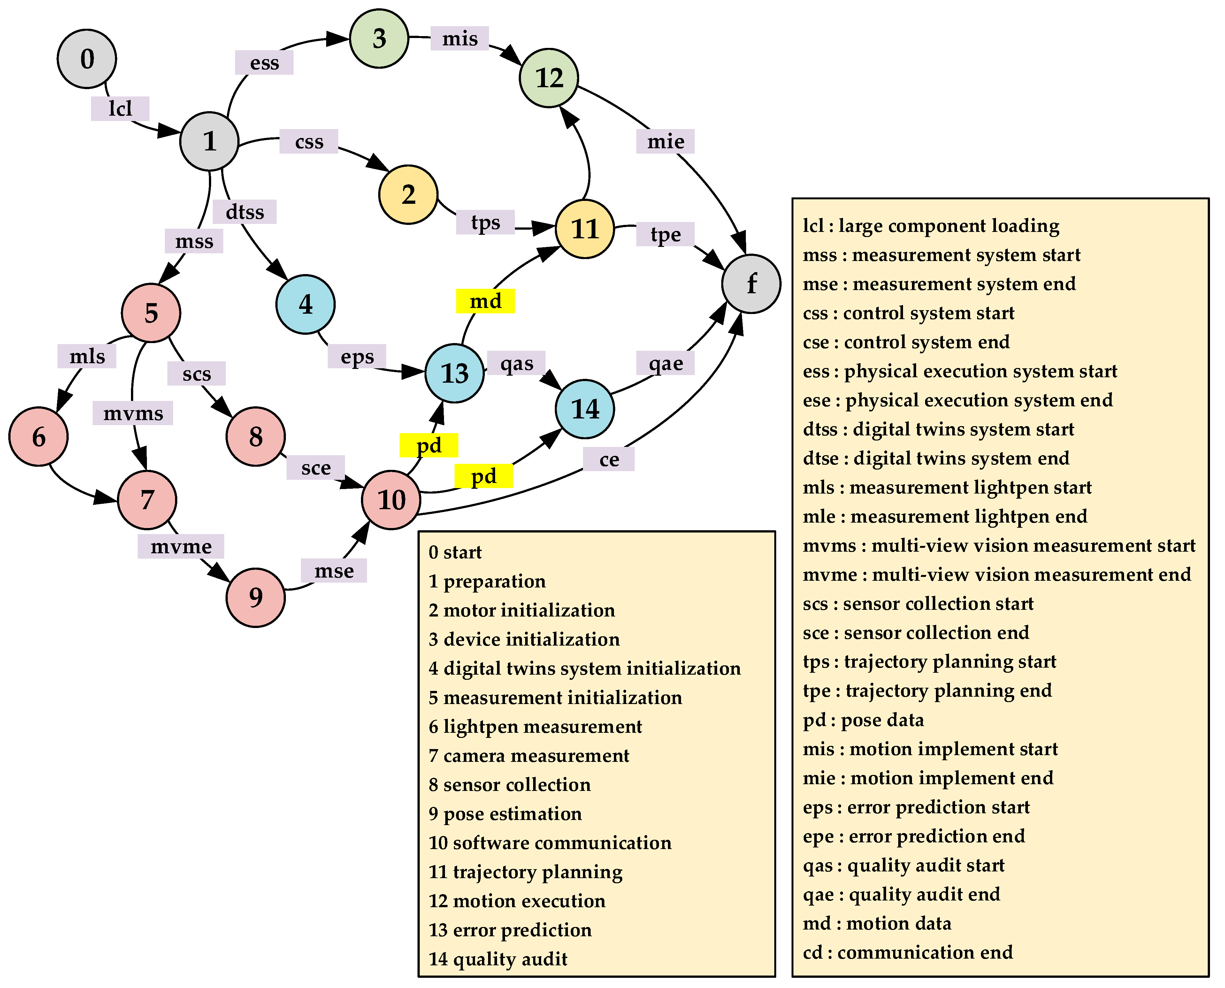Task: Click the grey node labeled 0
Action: tap(87, 59)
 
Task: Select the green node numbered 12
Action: tap(549, 78)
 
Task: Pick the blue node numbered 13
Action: tap(455, 373)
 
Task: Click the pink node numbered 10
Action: tap(391, 500)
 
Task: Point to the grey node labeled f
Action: tap(751, 283)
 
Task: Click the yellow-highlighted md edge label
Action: tap(485, 301)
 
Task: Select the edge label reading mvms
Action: tap(133, 413)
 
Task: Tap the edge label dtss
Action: tap(245, 212)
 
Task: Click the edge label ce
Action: tap(609, 459)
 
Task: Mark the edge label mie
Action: tap(665, 141)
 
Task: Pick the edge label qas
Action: tap(517, 363)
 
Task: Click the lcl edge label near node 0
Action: tap(120, 108)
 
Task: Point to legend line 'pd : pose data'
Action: tap(863, 720)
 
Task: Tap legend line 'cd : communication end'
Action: tap(907, 952)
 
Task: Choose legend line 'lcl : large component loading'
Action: tap(931, 226)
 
